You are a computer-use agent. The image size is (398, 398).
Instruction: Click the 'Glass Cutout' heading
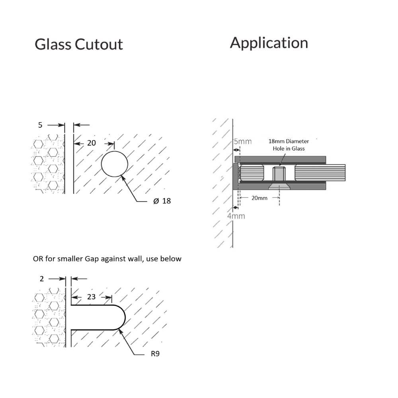point(78,44)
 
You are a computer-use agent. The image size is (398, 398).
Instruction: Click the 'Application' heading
point(269,43)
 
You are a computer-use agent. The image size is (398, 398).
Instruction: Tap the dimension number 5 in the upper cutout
point(40,125)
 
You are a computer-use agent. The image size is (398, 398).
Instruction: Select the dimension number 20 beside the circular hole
point(92,143)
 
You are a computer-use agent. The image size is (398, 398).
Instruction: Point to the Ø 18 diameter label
point(162,201)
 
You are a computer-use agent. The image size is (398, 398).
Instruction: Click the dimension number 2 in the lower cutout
point(42,279)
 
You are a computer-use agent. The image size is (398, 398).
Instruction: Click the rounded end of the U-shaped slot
point(121,317)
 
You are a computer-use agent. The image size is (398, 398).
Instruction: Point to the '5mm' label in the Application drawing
point(243,141)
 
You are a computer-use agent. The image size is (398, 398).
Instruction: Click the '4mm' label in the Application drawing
point(236,216)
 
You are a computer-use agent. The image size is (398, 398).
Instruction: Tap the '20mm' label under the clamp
point(259,198)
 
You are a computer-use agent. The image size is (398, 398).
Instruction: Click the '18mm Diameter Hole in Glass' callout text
point(289,144)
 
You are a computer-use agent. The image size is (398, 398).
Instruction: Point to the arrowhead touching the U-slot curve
point(121,330)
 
